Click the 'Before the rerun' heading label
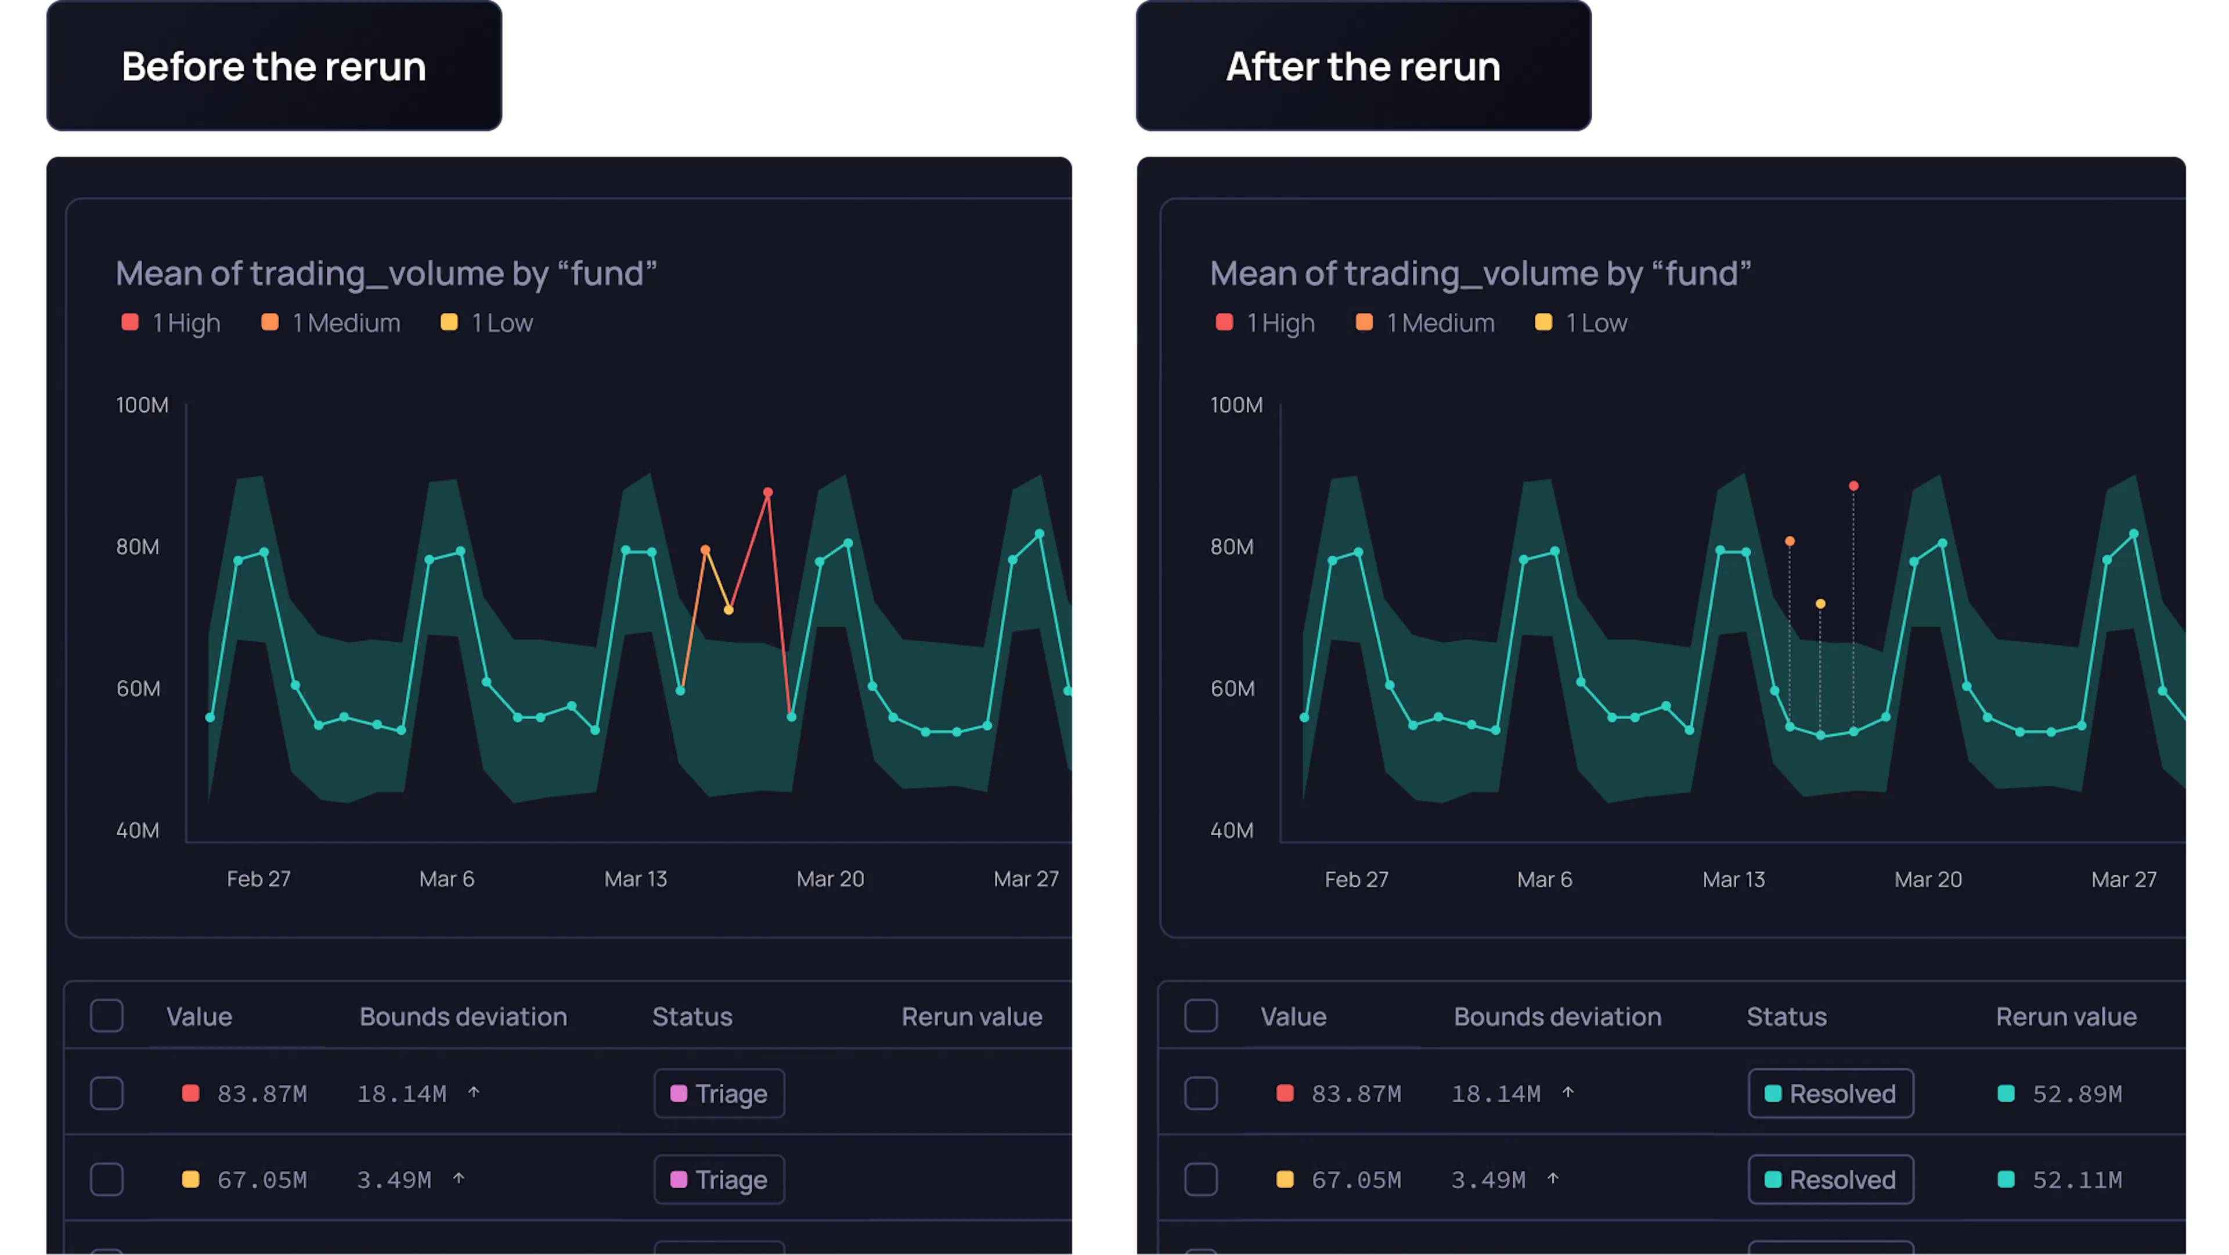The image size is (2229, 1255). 273,67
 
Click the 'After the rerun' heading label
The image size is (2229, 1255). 1363,67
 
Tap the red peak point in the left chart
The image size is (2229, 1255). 767,492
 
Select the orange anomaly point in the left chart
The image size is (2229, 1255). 705,549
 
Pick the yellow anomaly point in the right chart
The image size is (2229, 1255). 1820,604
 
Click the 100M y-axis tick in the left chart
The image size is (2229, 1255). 142,405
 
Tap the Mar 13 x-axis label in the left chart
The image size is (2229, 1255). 635,879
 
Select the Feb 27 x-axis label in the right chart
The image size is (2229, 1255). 1356,879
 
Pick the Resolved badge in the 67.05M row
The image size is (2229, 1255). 1830,1180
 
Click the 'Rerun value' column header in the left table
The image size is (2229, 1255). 972,1017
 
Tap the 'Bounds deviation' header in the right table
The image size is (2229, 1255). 1557,1017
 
